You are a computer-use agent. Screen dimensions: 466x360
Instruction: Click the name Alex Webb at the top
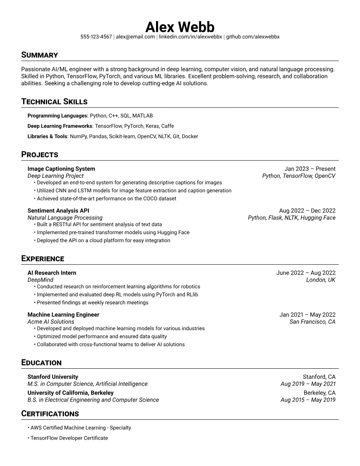click(180, 27)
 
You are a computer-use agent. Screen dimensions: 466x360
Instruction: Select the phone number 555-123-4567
click(96, 37)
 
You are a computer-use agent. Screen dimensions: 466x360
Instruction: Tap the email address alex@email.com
click(135, 37)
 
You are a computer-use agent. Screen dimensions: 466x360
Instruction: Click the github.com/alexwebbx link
click(253, 37)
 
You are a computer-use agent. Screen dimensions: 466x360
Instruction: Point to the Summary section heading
click(40, 55)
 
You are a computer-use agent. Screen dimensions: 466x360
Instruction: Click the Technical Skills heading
click(54, 102)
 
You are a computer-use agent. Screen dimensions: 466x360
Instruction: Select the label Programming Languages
click(57, 116)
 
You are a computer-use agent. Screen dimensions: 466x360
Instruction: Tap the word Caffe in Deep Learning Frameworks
click(167, 126)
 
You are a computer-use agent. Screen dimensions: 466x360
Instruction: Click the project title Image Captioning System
click(61, 169)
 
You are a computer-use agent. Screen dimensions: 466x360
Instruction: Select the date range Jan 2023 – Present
click(310, 169)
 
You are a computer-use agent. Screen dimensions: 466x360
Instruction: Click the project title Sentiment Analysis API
click(58, 211)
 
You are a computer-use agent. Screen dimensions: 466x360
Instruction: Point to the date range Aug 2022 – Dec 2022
click(307, 211)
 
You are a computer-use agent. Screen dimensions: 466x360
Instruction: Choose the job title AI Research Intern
click(52, 273)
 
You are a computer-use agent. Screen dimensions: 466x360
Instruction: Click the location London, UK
click(321, 280)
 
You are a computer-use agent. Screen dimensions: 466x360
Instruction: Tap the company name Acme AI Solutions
click(51, 322)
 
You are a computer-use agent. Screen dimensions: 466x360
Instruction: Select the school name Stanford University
click(53, 377)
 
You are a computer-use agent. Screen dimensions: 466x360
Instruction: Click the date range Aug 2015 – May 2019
click(308, 400)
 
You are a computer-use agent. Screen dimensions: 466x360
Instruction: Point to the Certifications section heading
click(50, 414)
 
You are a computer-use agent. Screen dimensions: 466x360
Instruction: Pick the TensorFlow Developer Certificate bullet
click(69, 438)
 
